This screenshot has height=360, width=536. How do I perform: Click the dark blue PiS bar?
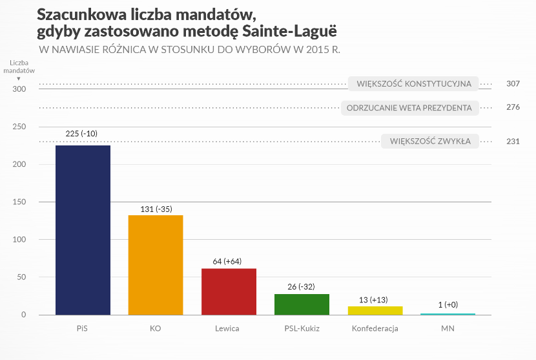tap(83, 229)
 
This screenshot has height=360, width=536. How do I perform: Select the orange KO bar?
tap(156, 264)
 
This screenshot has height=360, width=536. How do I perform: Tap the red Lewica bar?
tap(229, 291)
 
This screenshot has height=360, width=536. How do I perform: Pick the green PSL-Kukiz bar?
tap(302, 304)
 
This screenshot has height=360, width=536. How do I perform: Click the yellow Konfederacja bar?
tap(375, 310)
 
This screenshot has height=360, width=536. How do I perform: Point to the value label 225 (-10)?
tap(83, 134)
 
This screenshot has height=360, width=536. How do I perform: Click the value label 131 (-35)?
tap(156, 209)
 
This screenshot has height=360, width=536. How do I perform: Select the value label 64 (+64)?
tap(229, 261)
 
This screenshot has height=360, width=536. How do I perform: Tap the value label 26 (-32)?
tap(302, 286)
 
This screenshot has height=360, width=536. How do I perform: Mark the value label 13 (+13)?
tap(375, 299)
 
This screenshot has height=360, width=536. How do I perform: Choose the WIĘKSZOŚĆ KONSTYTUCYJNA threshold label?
tap(414, 83)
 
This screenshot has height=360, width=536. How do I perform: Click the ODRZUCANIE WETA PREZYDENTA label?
tap(410, 107)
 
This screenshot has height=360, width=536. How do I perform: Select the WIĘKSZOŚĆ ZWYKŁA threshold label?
tap(429, 142)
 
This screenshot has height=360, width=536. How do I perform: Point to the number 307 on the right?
tap(513, 83)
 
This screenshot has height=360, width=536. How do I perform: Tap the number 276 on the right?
tap(513, 107)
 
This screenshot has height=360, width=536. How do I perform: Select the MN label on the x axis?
tap(448, 328)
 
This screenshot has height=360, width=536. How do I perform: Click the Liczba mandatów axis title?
tap(22, 67)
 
